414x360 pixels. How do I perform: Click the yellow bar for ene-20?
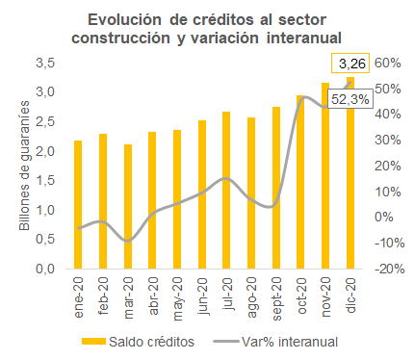click(78, 204)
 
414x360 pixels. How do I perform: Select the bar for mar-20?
click(128, 206)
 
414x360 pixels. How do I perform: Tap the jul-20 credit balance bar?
click(226, 190)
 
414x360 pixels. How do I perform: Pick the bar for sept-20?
click(276, 188)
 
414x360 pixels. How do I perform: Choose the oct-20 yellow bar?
click(300, 182)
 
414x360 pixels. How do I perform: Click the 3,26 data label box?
click(350, 64)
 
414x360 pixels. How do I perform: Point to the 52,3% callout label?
click(350, 99)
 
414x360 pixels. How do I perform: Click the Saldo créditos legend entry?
click(138, 342)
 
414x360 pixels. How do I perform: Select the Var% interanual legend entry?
click(275, 342)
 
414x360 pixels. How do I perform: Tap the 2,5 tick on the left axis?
click(45, 122)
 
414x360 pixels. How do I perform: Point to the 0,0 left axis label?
click(45, 269)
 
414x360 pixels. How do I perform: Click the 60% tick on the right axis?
click(388, 64)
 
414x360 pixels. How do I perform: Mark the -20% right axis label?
click(390, 269)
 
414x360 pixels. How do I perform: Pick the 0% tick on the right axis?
click(384, 218)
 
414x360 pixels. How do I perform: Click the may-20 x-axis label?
click(177, 298)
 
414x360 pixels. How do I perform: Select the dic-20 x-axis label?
click(350, 296)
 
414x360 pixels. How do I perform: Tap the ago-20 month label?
click(251, 297)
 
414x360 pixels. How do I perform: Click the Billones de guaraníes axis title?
click(24, 166)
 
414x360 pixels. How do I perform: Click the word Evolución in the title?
click(124, 20)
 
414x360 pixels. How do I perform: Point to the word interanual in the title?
click(304, 38)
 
